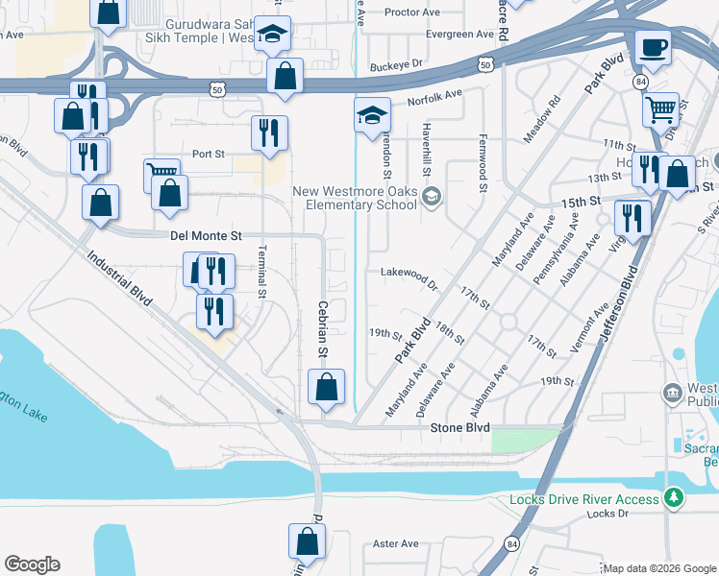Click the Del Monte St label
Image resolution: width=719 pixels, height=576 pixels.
(x=207, y=235)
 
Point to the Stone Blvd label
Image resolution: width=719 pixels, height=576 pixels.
(x=460, y=427)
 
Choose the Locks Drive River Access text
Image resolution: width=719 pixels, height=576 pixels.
(x=584, y=499)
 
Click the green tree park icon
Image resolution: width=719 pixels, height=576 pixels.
(x=676, y=498)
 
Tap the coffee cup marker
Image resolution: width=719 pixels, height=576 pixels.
(x=654, y=48)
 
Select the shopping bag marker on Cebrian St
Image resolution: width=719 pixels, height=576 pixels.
(x=327, y=388)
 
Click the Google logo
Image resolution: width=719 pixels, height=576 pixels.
(x=32, y=564)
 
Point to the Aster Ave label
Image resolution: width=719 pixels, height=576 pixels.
(x=396, y=543)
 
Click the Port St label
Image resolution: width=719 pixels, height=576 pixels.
(x=208, y=154)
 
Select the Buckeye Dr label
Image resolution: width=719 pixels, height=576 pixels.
(x=396, y=64)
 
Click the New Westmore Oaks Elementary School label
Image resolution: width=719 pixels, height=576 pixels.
(x=356, y=198)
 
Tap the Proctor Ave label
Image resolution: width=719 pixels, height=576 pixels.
(x=411, y=12)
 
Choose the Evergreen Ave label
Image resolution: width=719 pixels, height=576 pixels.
(x=465, y=35)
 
